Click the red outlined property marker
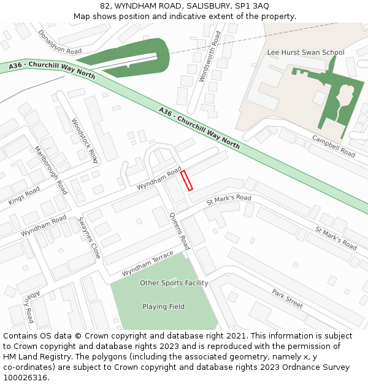pos(187,180)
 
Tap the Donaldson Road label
pos(59,42)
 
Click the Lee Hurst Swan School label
pos(305,52)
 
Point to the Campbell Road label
pos(334,145)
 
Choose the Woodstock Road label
pos(85,141)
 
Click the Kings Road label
pos(24,196)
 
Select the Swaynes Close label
pos(90,237)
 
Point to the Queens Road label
pos(180,230)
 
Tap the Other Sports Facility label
pos(174,283)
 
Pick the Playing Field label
pos(163,307)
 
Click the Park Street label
pos(288,299)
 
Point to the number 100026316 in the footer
pos(25,378)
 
